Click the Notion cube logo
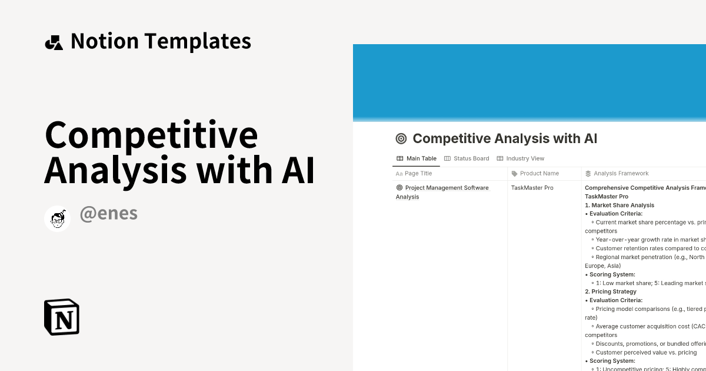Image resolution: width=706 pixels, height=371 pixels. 62,317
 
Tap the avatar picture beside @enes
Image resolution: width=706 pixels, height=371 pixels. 58,219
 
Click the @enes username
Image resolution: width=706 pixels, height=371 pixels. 108,214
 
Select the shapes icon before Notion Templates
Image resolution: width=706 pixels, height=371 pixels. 54,42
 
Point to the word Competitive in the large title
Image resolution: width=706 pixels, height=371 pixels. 151,135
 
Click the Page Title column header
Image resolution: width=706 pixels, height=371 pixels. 418,174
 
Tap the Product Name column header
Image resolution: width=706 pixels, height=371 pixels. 539,174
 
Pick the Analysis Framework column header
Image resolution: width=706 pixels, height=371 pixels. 621,174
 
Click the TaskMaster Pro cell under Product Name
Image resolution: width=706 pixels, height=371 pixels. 532,188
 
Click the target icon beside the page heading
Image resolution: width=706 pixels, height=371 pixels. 401,139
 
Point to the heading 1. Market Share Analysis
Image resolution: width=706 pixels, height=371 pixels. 620,205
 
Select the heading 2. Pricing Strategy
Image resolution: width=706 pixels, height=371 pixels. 611,291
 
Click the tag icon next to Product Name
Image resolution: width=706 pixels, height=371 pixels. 515,174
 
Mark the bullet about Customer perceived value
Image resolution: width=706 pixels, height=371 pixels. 646,352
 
